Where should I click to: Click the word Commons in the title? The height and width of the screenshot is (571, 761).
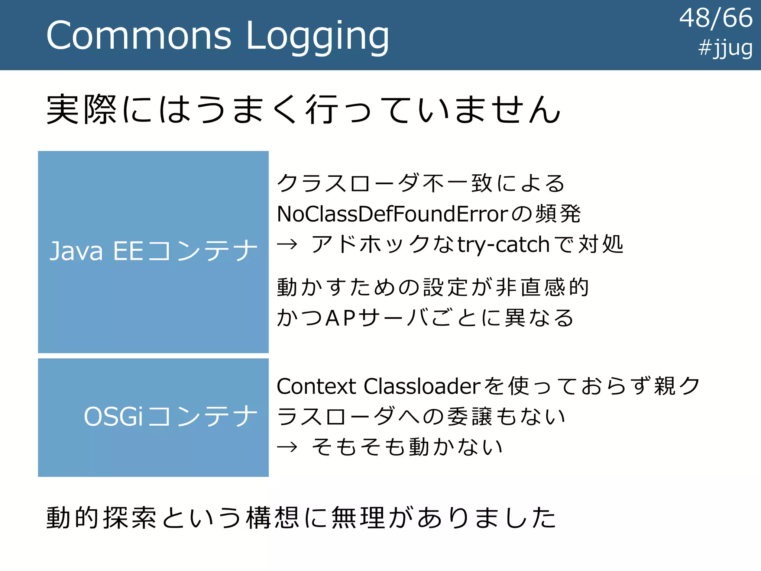coord(139,36)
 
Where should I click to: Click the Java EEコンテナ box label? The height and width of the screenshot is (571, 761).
coord(153,251)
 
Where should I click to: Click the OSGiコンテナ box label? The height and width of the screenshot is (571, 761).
coord(171,417)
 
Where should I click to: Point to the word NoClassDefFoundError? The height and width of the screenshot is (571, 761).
coord(392,214)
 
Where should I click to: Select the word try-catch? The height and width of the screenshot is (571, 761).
coord(503,245)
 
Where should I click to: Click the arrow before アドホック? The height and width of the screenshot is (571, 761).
coord(287,245)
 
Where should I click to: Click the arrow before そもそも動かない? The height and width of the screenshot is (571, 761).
coord(287,447)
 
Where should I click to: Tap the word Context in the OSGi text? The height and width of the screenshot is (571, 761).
coord(316,386)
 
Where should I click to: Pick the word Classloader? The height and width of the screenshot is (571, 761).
coord(422,386)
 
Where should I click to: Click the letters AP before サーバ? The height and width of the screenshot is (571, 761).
coord(340,318)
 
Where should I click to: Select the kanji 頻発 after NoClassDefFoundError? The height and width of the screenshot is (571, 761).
coord(558,214)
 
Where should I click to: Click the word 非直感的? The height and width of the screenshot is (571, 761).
coord(542,287)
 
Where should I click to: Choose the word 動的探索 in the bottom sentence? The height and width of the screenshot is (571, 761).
coord(101,517)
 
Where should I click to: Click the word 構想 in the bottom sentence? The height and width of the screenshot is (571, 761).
coord(272,517)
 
